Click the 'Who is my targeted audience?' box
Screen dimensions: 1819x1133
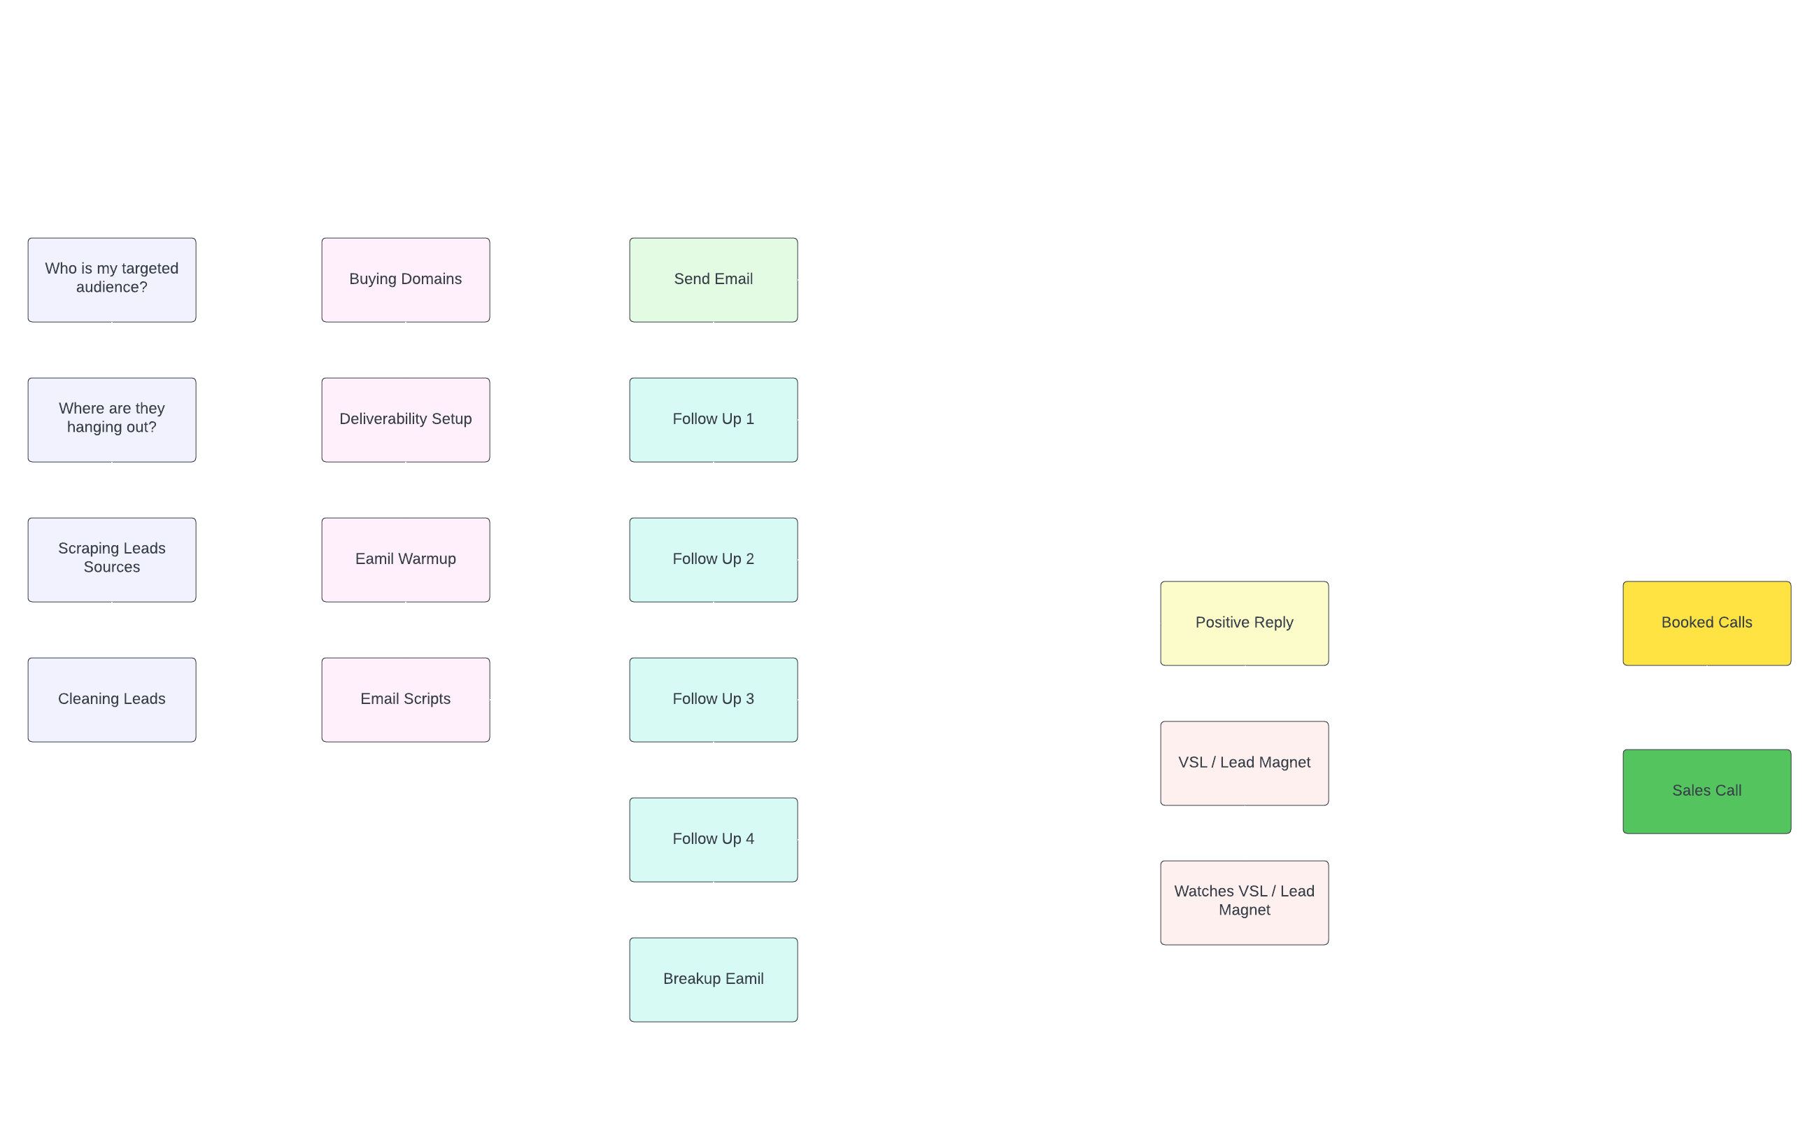(x=112, y=280)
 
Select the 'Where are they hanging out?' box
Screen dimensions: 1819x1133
(x=112, y=421)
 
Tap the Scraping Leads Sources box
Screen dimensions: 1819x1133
(x=112, y=561)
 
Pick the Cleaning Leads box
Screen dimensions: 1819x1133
(x=112, y=701)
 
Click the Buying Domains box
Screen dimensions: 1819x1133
(x=406, y=280)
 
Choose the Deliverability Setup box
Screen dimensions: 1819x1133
(x=406, y=421)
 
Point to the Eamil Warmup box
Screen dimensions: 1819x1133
(x=406, y=561)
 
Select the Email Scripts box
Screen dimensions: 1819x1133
(x=406, y=701)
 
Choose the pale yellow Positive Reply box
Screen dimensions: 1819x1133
(x=1245, y=624)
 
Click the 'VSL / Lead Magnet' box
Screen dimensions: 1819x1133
(x=1245, y=764)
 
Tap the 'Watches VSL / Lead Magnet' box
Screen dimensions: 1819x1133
(x=1245, y=903)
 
